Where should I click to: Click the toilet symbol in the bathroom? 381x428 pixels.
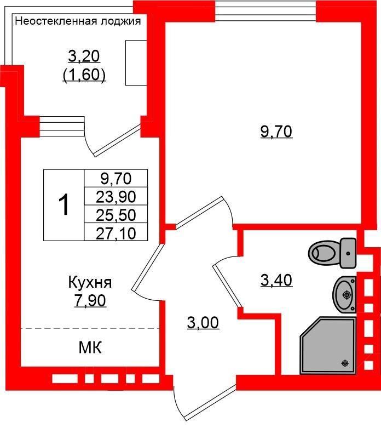[332, 253]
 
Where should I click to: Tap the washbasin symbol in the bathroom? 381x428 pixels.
[344, 294]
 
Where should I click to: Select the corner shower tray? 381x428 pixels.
[328, 346]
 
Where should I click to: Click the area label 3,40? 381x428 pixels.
[276, 281]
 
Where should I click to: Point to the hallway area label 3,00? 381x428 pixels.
[203, 323]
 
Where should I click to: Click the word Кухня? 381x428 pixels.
[90, 282]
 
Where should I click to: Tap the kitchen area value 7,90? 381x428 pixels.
[90, 300]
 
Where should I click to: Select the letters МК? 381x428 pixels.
[90, 348]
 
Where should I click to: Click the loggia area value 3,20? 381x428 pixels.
[84, 56]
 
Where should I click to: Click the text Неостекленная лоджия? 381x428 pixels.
[78, 21]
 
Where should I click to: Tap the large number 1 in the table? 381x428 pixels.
[64, 205]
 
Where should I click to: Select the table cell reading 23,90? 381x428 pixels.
[116, 196]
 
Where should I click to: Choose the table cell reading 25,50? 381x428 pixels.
[116, 214]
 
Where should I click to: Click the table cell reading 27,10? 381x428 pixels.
[116, 232]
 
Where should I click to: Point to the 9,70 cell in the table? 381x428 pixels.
[116, 179]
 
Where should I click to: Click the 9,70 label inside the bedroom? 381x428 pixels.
[276, 132]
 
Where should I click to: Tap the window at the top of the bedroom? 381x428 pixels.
[265, 10]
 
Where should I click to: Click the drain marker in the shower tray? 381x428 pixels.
[345, 363]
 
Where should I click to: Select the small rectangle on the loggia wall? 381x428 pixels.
[136, 63]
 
